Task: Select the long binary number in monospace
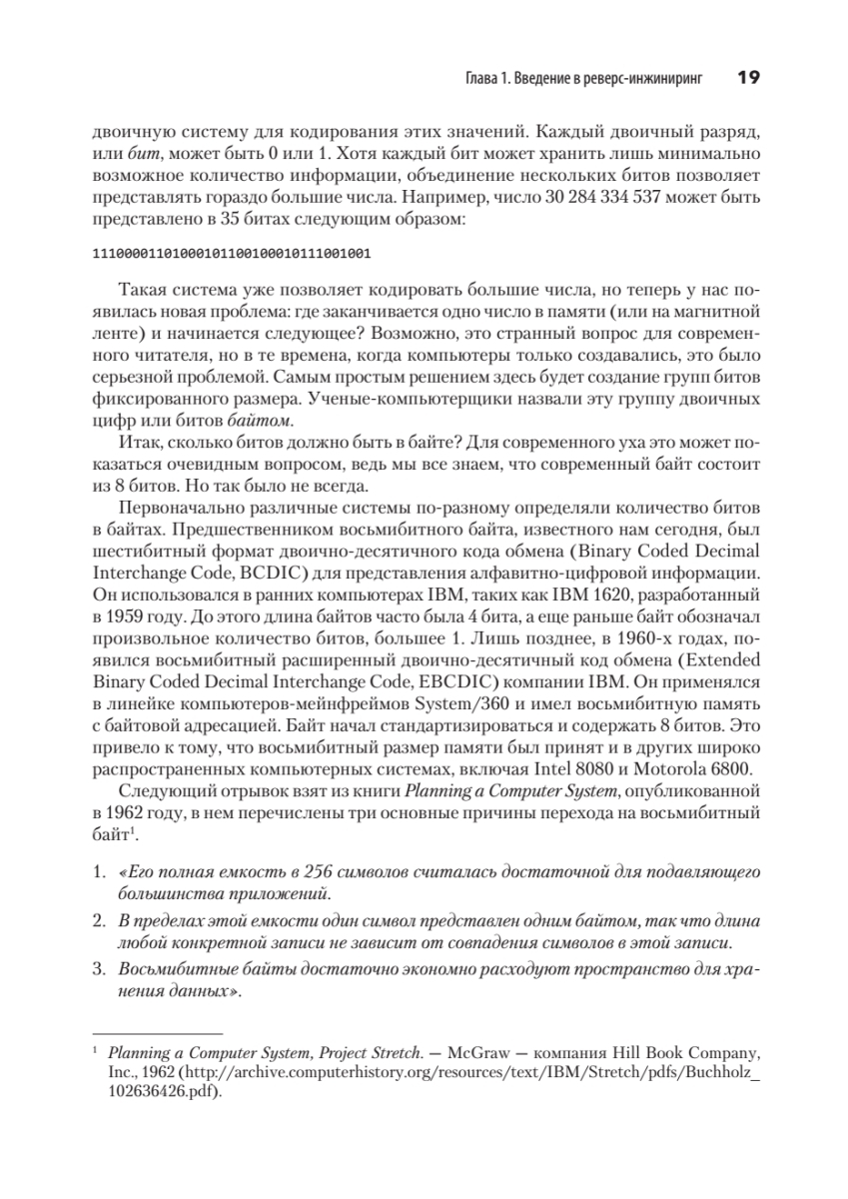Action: click(x=231, y=255)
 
